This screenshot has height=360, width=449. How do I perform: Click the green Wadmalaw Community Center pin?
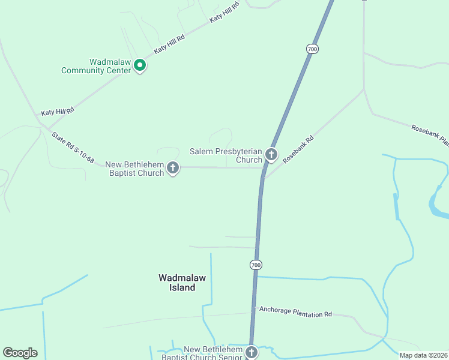(x=140, y=65)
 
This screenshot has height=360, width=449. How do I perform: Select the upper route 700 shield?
(x=312, y=49)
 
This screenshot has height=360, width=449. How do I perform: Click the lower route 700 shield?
(x=256, y=265)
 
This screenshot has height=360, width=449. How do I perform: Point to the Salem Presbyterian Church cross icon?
(x=271, y=155)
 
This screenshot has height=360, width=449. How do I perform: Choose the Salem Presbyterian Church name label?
(x=226, y=155)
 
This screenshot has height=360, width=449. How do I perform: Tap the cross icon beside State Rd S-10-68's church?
(x=173, y=168)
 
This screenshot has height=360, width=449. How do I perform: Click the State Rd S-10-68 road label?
(x=73, y=148)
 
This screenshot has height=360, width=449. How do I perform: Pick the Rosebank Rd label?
(x=298, y=148)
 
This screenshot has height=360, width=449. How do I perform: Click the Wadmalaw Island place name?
(x=177, y=283)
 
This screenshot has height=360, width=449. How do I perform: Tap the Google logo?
(x=20, y=353)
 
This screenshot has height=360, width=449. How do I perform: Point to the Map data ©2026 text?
(x=423, y=355)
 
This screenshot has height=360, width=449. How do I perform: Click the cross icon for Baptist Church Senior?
(x=251, y=353)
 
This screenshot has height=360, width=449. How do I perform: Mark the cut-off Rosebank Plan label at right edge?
(x=429, y=135)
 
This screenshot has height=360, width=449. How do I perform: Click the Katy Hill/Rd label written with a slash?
(x=57, y=111)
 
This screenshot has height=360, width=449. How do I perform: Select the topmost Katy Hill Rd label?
(x=224, y=12)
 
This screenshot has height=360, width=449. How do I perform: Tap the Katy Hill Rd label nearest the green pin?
(x=169, y=44)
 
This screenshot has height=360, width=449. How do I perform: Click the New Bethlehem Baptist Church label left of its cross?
(x=134, y=169)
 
